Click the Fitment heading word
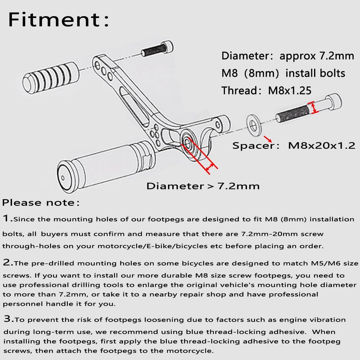[x=54, y=20]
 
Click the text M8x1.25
[x=290, y=91]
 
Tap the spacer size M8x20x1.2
[x=321, y=146]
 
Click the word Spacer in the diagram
[x=254, y=146]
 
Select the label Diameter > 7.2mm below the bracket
[x=203, y=186]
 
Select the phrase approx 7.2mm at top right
[x=317, y=56]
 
